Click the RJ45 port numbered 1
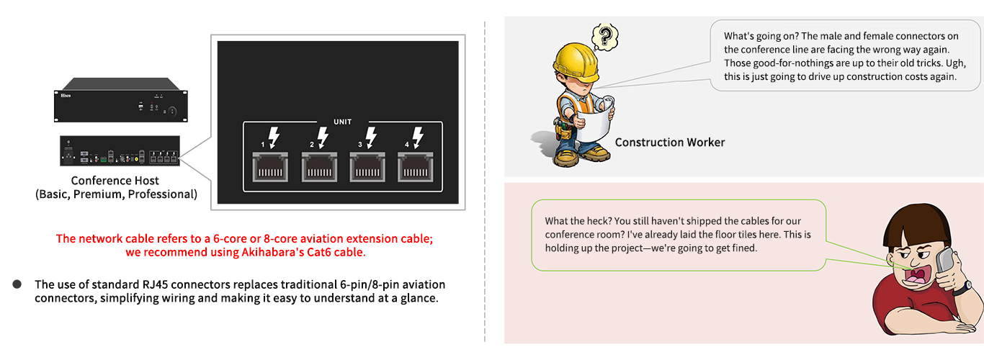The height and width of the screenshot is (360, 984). click(270, 167)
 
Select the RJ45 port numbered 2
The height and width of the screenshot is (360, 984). click(319, 167)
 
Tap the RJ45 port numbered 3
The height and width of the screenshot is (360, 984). click(367, 167)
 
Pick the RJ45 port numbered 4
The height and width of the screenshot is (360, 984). click(415, 167)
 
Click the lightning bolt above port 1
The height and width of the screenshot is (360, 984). click(274, 138)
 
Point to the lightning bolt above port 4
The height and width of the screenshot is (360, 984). click(418, 138)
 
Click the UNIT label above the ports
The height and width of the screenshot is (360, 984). click(343, 122)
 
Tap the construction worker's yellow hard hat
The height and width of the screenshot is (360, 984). click(576, 61)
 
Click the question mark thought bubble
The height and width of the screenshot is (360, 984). click(605, 37)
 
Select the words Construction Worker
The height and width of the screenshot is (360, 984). click(669, 143)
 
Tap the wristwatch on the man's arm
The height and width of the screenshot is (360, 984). click(962, 287)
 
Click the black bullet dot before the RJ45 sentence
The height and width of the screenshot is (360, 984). click(17, 284)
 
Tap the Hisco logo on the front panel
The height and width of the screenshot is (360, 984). click(66, 95)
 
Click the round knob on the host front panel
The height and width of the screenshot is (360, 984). click(173, 112)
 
